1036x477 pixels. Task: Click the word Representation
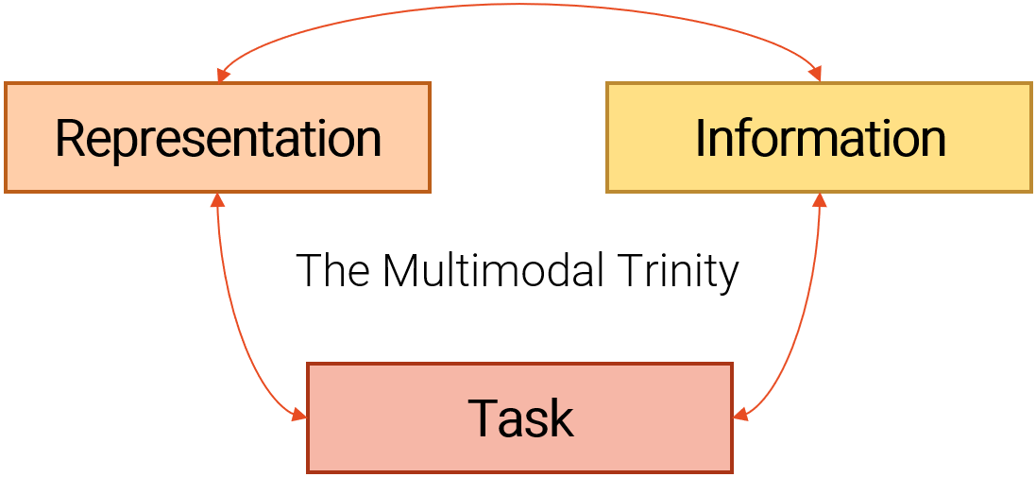tap(218, 139)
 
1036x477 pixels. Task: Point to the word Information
tap(820, 139)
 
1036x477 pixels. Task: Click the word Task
tap(520, 418)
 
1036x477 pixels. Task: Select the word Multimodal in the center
tap(493, 272)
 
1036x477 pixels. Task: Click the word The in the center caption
tap(334, 272)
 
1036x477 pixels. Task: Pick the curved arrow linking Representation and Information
tap(519, 5)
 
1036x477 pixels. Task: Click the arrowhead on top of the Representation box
tap(221, 75)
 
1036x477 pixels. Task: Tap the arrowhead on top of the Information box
tap(815, 75)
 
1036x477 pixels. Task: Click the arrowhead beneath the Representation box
tap(217, 200)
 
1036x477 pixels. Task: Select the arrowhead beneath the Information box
tap(820, 200)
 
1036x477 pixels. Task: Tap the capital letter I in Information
tap(701, 139)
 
